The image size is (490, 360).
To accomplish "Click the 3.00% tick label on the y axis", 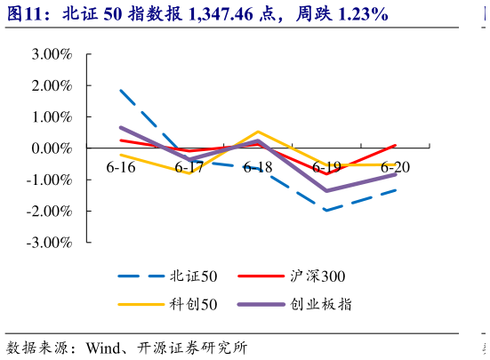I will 51,54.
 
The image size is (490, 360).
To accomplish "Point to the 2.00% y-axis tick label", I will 51,86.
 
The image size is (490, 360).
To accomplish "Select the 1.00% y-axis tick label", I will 51,117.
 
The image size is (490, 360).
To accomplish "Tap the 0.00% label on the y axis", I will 51,148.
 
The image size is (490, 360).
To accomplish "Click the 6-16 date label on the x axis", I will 120,167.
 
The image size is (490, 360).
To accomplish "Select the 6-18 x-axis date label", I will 258,167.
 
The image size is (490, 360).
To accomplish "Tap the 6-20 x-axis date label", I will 396,167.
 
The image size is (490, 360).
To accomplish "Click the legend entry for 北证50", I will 188,276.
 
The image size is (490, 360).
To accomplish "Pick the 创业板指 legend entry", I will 321,305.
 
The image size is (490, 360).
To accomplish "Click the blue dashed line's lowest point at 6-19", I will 326,211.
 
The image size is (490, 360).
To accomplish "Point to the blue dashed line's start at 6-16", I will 120,90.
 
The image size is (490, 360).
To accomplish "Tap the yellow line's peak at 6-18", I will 258,132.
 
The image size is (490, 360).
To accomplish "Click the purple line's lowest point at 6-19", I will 326,190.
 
